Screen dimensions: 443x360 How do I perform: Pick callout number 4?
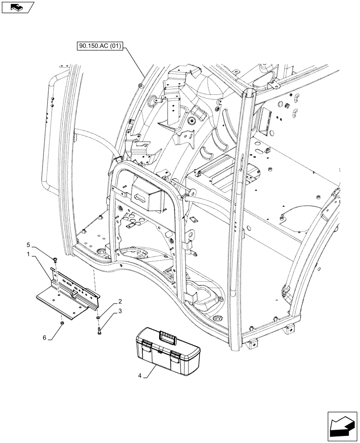140,377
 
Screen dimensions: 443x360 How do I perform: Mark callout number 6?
44,338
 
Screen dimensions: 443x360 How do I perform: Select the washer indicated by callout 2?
97,318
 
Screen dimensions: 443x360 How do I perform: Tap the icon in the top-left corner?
16,7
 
